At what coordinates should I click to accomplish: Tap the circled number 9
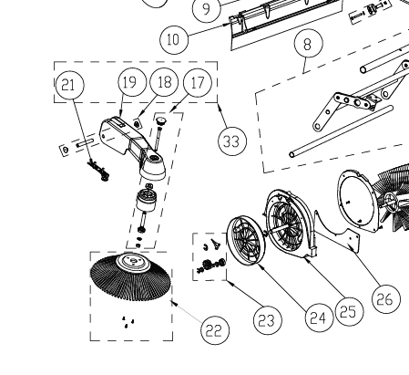[x=207, y=9]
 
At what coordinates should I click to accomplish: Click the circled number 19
[x=132, y=82]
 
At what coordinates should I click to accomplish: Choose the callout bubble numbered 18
[x=164, y=82]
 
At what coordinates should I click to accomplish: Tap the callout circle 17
[x=198, y=82]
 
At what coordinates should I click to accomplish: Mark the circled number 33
[x=233, y=141]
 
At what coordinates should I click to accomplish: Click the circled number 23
[x=264, y=319]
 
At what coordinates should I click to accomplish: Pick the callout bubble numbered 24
[x=316, y=317]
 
